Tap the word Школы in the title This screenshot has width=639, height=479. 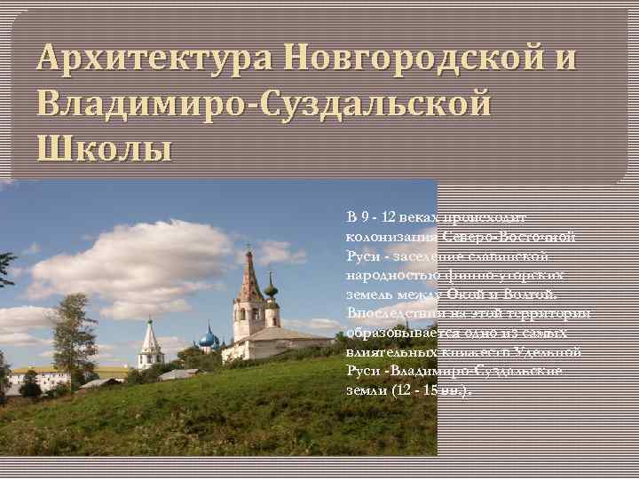click(x=105, y=146)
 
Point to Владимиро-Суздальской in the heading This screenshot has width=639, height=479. click(x=264, y=103)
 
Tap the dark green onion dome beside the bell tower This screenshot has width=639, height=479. click(x=272, y=287)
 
